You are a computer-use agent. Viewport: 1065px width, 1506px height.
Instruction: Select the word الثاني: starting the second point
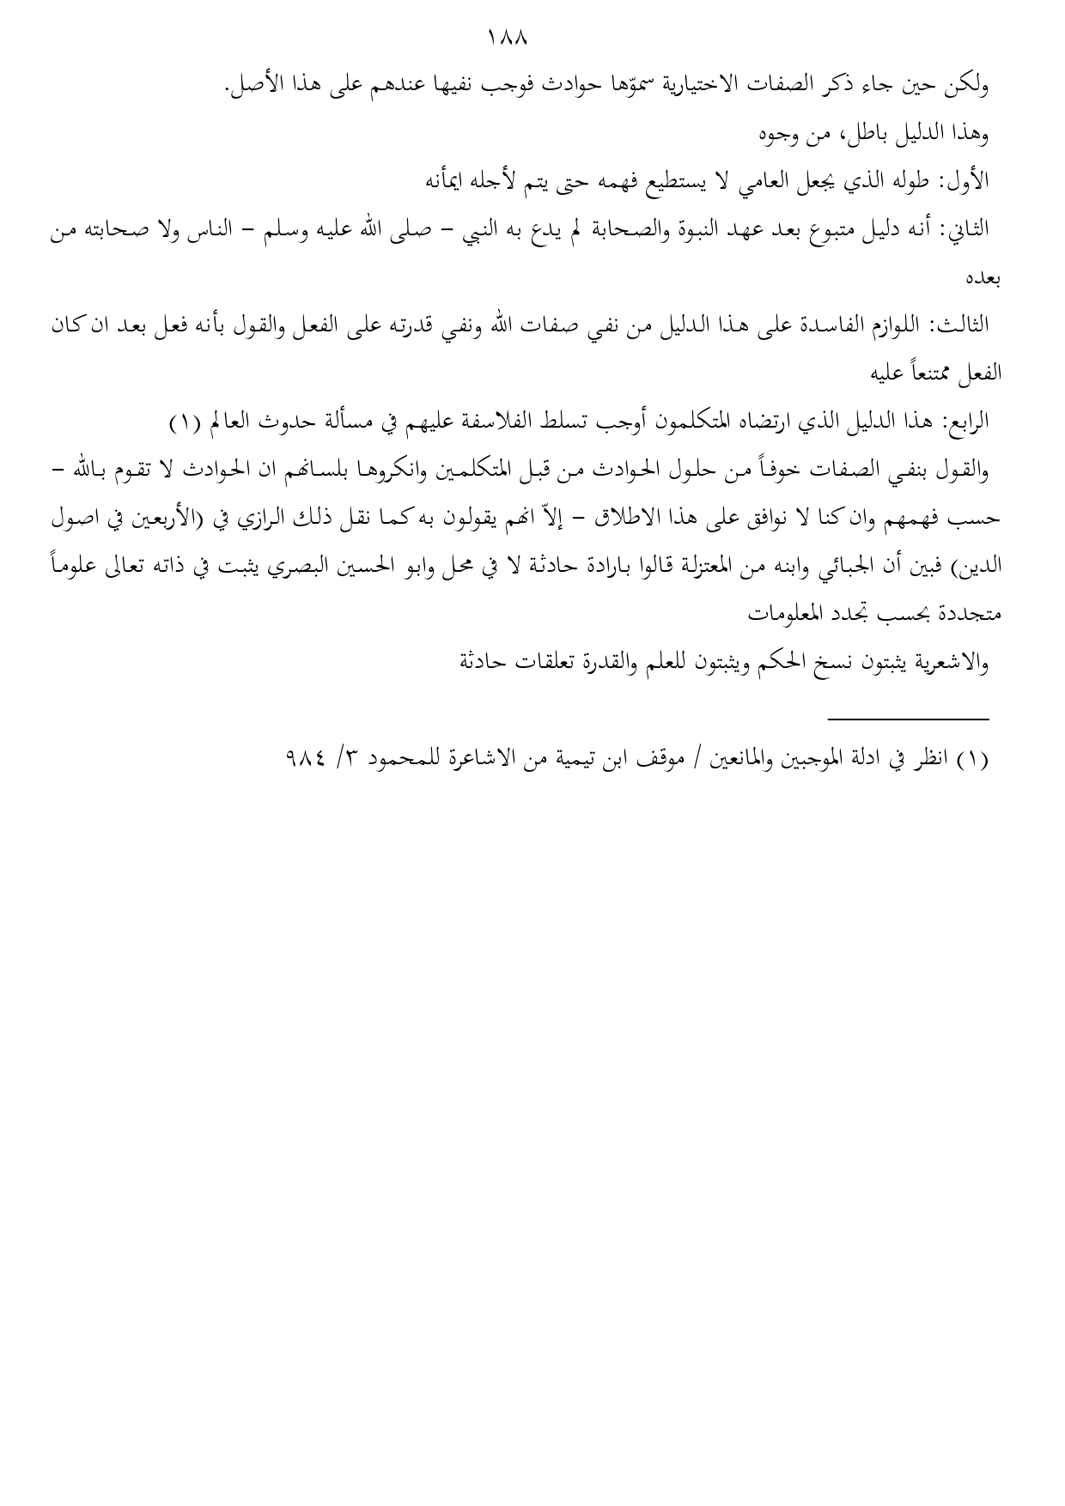(x=964, y=230)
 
